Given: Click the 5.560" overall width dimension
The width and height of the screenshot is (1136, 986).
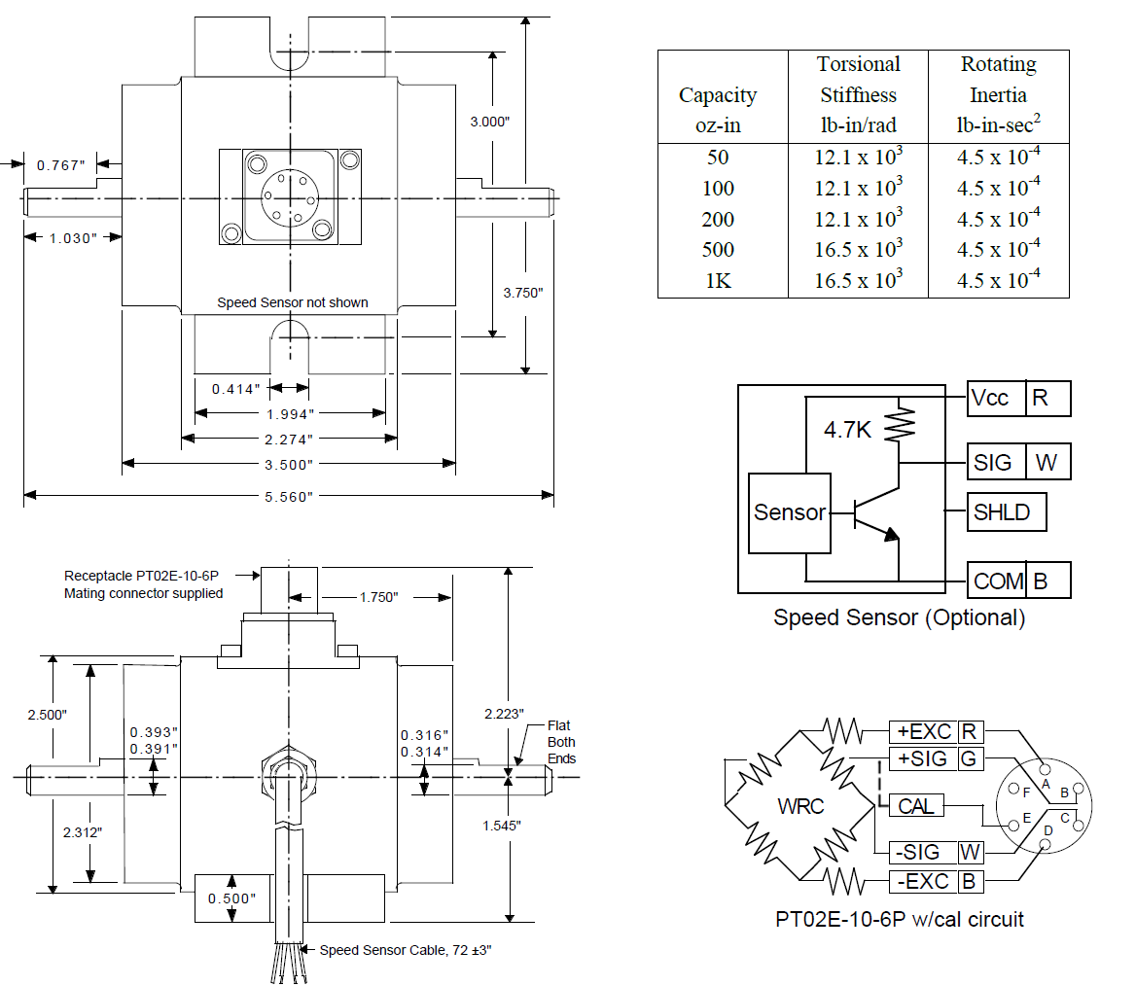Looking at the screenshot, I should pyautogui.click(x=289, y=496).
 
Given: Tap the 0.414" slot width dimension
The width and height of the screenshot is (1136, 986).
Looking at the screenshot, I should pyautogui.click(x=236, y=389).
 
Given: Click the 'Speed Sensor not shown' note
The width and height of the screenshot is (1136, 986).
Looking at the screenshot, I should pyautogui.click(x=293, y=302).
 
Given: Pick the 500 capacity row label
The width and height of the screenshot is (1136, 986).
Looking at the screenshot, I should pyautogui.click(x=718, y=250).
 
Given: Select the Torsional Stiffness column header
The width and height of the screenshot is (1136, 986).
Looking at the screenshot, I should pyautogui.click(x=858, y=94).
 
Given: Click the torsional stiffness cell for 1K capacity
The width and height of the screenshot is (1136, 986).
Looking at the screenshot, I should pyautogui.click(x=858, y=280).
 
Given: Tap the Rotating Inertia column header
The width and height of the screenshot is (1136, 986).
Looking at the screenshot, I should pyautogui.click(x=998, y=94).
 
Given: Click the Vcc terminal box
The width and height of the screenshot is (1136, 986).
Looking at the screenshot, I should pyautogui.click(x=996, y=399).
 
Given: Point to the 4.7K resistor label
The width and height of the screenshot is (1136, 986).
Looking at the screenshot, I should pyautogui.click(x=847, y=429).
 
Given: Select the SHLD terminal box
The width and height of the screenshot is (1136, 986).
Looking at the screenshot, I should pyautogui.click(x=1006, y=511).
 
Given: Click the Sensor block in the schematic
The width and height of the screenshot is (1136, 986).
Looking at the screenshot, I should pyautogui.click(x=790, y=512).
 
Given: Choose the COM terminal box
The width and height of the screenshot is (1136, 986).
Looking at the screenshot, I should pyautogui.click(x=998, y=581).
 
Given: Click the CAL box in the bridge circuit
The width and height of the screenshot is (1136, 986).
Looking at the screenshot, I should pyautogui.click(x=916, y=806).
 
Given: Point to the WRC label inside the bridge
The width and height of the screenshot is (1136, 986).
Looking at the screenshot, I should pyautogui.click(x=801, y=807).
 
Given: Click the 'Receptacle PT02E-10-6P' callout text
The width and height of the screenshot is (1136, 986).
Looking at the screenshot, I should pyautogui.click(x=140, y=576).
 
